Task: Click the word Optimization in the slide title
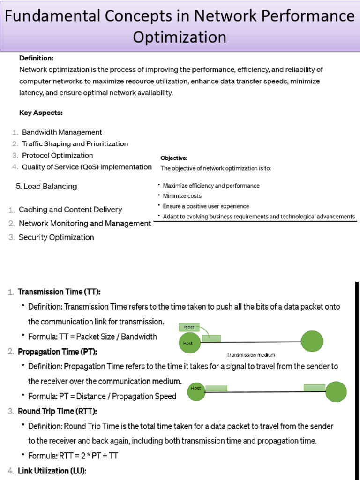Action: (x=180, y=37)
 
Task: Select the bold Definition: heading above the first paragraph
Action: (x=36, y=59)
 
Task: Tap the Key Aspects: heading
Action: (x=41, y=113)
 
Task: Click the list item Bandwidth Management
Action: (x=62, y=132)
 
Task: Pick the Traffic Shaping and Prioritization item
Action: (x=75, y=144)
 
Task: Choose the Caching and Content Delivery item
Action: (x=70, y=210)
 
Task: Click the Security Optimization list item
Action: (x=56, y=237)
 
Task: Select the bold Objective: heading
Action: (x=174, y=158)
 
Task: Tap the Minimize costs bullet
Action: (x=182, y=196)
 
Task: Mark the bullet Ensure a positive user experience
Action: (x=206, y=206)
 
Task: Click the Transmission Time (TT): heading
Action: (x=59, y=292)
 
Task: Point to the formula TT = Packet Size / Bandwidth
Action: (x=92, y=337)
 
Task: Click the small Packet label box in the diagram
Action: (x=189, y=326)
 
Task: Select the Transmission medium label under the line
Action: (x=251, y=355)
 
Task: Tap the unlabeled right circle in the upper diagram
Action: (x=312, y=342)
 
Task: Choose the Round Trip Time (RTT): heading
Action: (x=57, y=411)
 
